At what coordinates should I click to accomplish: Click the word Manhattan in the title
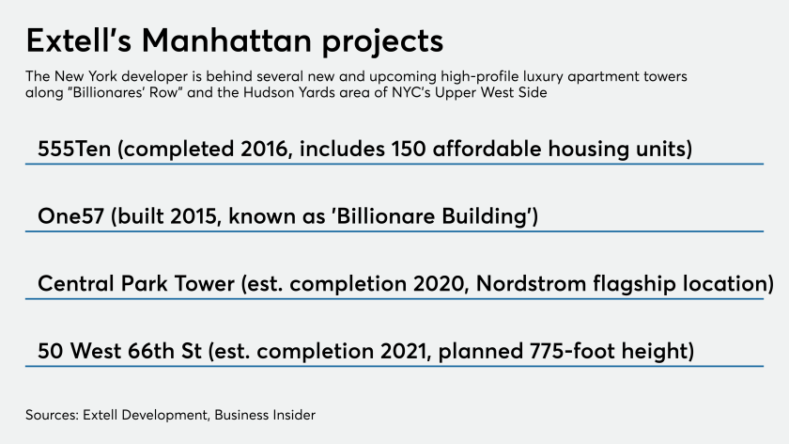(x=227, y=40)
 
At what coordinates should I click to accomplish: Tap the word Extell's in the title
(x=79, y=40)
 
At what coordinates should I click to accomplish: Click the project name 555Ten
(x=74, y=150)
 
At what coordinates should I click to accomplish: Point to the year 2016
(x=266, y=150)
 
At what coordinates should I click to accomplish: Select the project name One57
(x=70, y=216)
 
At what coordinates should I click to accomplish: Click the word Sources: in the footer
(x=53, y=415)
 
